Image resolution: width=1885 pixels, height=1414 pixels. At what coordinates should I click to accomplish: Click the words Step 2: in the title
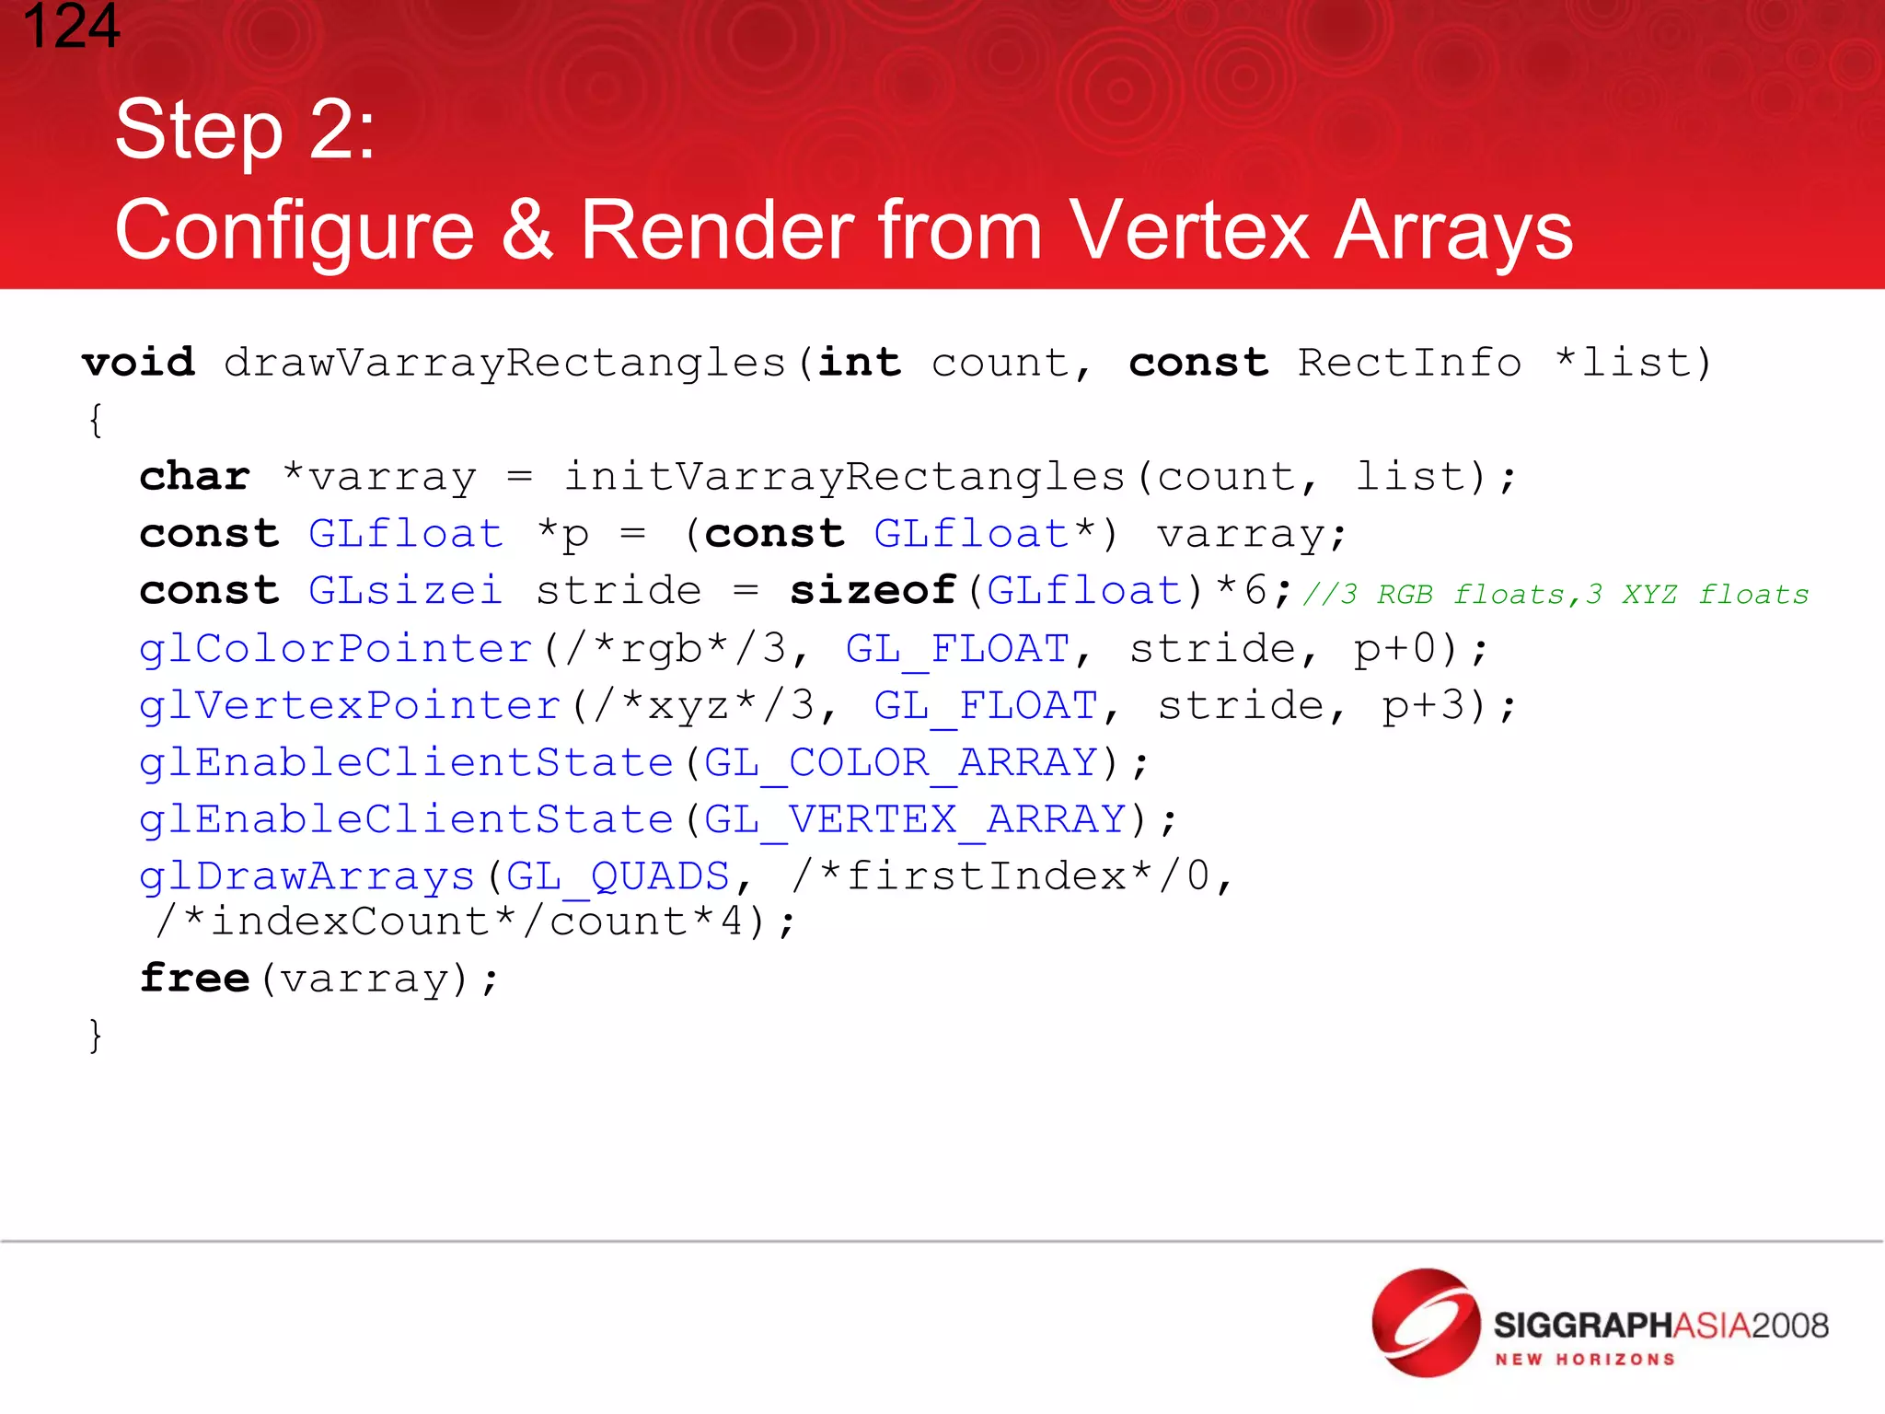tap(245, 131)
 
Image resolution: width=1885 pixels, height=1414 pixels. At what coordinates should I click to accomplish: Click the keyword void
tap(139, 363)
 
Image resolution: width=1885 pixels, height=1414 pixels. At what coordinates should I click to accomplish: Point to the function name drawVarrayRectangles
tap(504, 363)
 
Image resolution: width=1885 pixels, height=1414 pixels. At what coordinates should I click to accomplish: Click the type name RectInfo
tap(1409, 363)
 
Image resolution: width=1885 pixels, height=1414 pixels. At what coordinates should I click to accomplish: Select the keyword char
tap(195, 477)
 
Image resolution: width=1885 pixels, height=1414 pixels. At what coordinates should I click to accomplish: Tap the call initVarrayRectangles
tap(844, 477)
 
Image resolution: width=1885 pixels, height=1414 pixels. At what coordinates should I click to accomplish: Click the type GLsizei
tap(405, 590)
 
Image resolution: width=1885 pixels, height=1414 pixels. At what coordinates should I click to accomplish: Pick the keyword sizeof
tap(873, 590)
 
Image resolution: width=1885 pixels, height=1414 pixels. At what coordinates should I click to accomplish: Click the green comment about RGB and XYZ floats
tap(1555, 595)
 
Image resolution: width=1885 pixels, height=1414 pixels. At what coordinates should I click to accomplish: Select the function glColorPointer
tap(336, 648)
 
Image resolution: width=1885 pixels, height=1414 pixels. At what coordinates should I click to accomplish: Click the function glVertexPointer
tap(350, 706)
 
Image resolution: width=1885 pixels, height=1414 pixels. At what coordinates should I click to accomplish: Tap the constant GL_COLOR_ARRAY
tap(900, 763)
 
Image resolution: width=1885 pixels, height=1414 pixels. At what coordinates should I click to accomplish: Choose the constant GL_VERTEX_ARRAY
tap(915, 819)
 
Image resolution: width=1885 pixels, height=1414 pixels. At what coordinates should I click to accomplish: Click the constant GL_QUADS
tap(618, 876)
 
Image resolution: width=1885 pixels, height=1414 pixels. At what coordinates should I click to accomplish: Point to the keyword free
tap(195, 978)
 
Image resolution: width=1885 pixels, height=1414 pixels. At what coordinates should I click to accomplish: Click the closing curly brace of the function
tap(95, 1036)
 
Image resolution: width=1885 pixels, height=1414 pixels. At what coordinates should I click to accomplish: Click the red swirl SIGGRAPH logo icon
tap(1426, 1323)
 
